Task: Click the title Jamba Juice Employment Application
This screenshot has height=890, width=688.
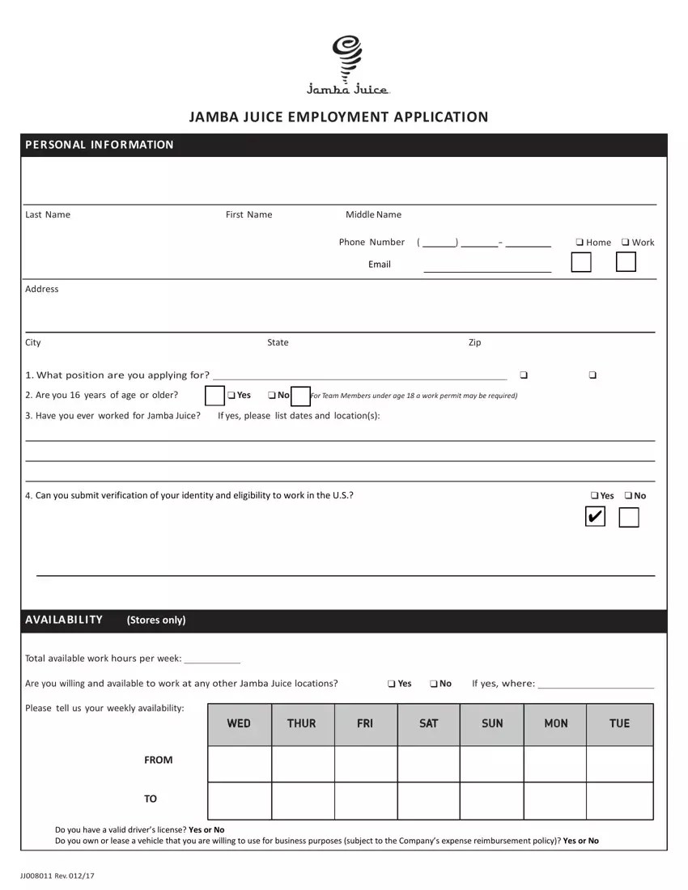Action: (x=338, y=117)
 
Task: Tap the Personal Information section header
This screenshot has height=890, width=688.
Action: (x=100, y=145)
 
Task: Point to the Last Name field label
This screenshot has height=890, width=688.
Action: (x=48, y=214)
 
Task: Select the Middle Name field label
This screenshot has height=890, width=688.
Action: (x=373, y=214)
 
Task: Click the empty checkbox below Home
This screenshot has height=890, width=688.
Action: (x=580, y=262)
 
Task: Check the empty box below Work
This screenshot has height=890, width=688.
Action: (x=626, y=262)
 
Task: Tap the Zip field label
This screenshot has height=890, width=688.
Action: (x=474, y=342)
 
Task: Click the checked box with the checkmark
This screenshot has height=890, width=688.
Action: (x=594, y=517)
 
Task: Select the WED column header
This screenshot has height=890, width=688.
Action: (x=239, y=724)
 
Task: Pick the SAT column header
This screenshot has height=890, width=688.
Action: (x=428, y=724)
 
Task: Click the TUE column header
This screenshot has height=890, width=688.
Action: (x=619, y=724)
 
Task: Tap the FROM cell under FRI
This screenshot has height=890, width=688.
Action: (x=365, y=763)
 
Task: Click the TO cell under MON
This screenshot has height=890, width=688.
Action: (x=555, y=801)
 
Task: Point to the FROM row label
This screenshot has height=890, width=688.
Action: (x=158, y=760)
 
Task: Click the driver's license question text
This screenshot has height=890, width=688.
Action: (x=139, y=829)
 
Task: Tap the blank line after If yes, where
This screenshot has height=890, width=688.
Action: (x=596, y=684)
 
